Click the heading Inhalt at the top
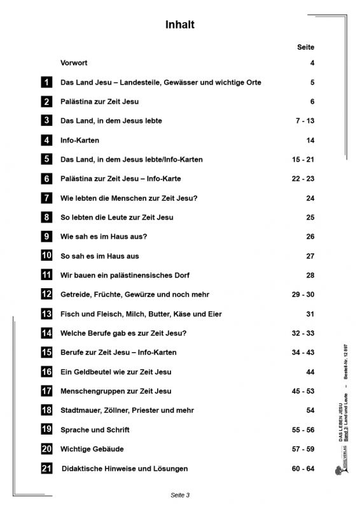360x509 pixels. click(x=179, y=25)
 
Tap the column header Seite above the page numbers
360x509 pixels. click(x=305, y=48)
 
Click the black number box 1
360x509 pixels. click(x=46, y=82)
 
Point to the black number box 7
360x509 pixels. click(x=46, y=198)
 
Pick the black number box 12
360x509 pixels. click(x=46, y=295)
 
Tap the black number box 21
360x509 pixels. click(x=46, y=468)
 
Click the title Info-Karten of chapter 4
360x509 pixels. click(x=80, y=140)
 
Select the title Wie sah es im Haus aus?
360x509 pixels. click(x=104, y=237)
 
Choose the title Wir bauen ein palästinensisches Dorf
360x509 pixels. click(x=124, y=275)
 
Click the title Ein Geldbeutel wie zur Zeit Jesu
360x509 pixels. click(x=116, y=372)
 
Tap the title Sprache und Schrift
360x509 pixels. click(x=92, y=429)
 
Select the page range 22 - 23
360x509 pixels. click(x=303, y=179)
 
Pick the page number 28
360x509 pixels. click(x=310, y=275)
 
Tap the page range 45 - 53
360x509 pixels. click(x=303, y=391)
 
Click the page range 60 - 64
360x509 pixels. click(x=303, y=469)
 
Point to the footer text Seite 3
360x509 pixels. click(x=180, y=494)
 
